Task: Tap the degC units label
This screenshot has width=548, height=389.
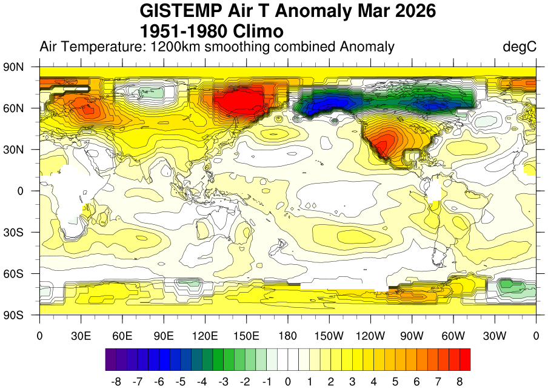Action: (520, 47)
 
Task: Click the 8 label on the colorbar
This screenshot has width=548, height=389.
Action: (459, 382)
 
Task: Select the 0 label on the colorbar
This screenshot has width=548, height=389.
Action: (288, 382)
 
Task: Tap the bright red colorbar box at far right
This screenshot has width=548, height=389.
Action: (464, 359)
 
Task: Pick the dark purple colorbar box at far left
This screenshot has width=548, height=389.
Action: (111, 359)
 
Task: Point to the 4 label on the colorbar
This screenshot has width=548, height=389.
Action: (373, 382)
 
